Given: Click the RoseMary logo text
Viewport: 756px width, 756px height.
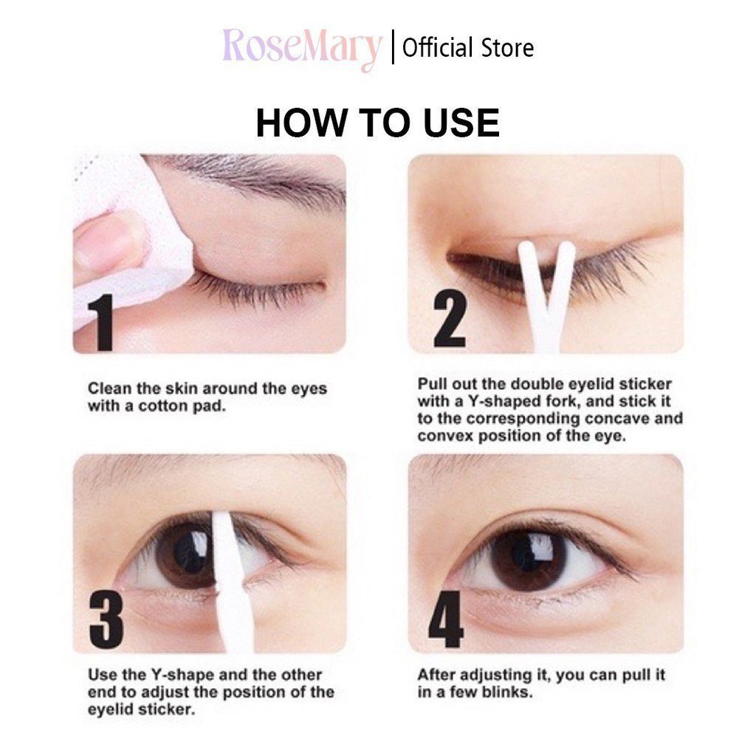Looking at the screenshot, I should tap(301, 48).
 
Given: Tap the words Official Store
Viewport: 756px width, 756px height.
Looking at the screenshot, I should tap(468, 48).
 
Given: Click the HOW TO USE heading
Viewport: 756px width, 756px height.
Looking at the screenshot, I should tap(377, 123).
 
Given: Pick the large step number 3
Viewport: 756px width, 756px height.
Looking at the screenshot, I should tap(106, 621).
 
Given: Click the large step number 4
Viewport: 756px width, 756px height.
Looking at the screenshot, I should tap(446, 619).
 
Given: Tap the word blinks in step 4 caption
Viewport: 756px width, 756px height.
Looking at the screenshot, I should tap(507, 693).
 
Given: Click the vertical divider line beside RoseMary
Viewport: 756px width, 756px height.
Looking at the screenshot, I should tap(393, 48).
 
